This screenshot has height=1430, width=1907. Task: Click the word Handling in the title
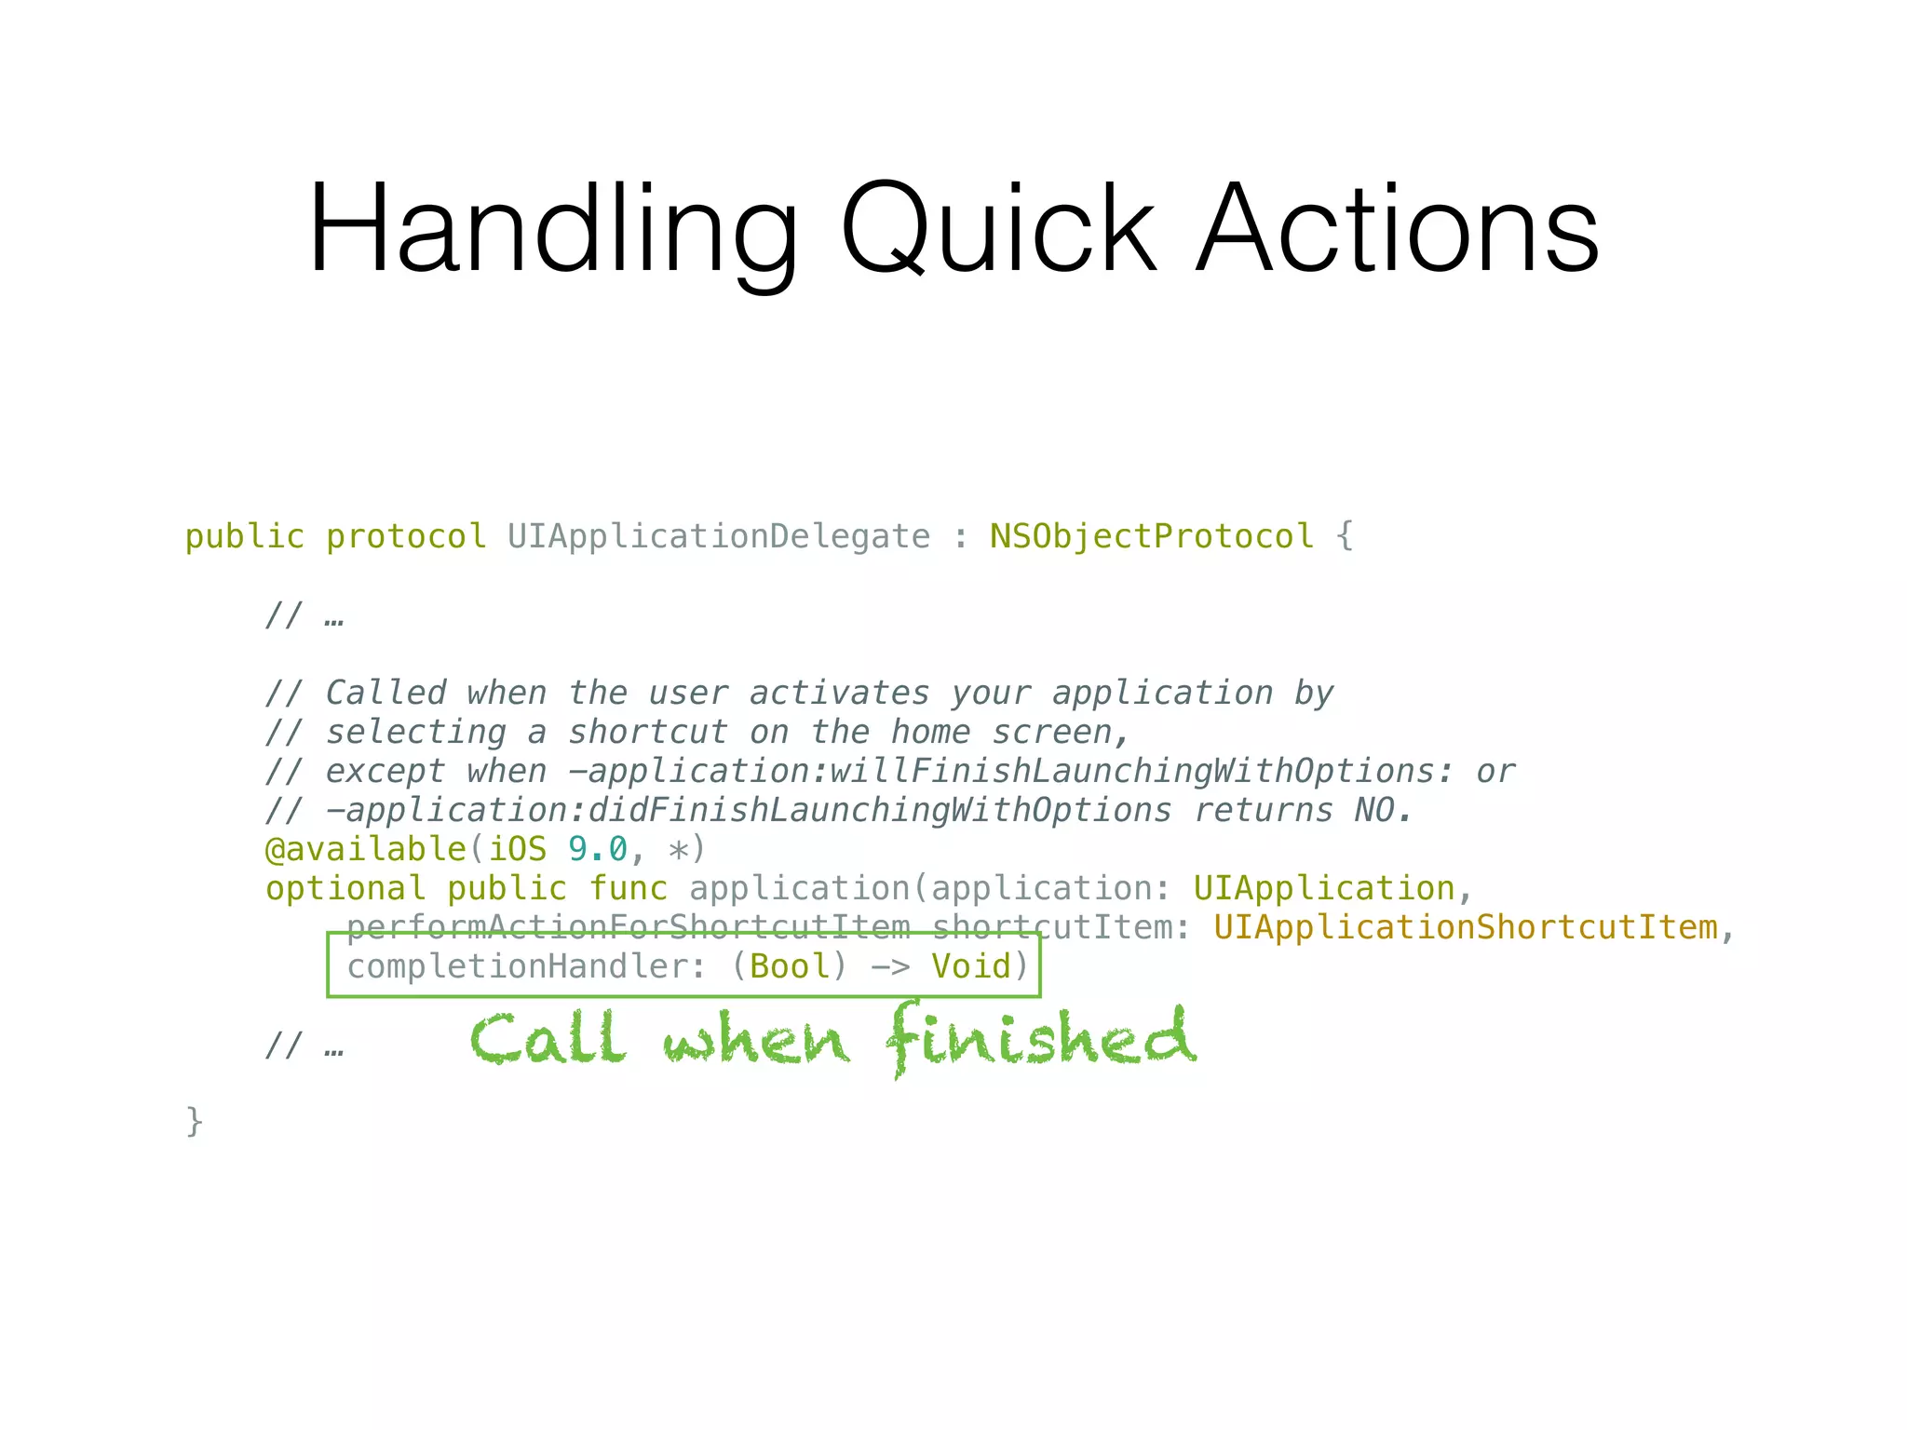tap(552, 230)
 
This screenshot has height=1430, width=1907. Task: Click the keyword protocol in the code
tap(405, 537)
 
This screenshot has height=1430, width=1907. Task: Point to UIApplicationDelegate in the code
tap(718, 537)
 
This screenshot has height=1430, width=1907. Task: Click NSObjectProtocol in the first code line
tap(1151, 537)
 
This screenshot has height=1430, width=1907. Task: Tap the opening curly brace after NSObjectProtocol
tap(1344, 537)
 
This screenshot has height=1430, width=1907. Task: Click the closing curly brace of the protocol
tap(195, 1122)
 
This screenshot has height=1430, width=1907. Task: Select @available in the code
tap(365, 850)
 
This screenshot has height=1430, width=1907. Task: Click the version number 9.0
tap(598, 850)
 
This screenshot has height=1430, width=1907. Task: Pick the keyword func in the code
tap(629, 889)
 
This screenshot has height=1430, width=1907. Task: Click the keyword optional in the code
tap(345, 889)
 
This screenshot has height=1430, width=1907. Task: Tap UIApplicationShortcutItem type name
tap(1465, 928)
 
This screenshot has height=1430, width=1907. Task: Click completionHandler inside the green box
tap(517, 967)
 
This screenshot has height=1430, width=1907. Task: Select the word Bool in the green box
tap(790, 967)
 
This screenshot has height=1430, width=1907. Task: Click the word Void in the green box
tap(971, 967)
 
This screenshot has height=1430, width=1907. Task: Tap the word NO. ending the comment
tap(1383, 811)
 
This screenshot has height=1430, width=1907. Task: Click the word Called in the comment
tap(385, 694)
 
